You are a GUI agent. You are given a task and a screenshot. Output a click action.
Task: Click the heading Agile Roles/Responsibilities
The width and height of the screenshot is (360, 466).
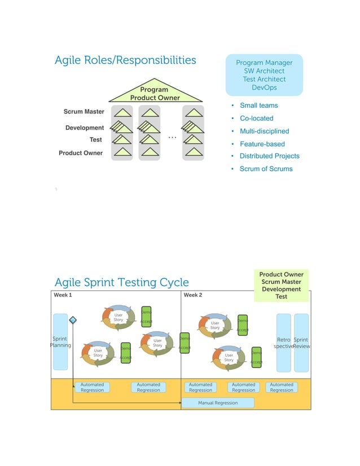(125, 60)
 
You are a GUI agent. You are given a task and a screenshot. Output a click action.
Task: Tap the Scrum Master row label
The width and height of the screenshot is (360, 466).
(84, 112)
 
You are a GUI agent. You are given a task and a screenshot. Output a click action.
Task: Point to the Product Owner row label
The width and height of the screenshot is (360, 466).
(81, 153)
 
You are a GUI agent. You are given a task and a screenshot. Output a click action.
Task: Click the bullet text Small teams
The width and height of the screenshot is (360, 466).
(258, 105)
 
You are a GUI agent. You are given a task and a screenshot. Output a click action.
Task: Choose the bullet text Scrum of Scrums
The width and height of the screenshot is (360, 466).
(266, 169)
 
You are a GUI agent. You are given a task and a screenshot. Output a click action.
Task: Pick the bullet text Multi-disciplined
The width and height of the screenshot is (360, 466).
(264, 131)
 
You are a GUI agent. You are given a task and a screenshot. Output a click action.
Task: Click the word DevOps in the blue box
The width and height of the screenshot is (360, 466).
(264, 87)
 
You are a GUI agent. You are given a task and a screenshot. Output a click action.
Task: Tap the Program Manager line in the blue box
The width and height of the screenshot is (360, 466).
(264, 63)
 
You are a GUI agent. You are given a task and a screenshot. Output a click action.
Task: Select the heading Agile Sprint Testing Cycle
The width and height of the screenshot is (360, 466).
(121, 282)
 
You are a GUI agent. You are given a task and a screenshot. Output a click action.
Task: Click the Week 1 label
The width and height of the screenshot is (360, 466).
(63, 295)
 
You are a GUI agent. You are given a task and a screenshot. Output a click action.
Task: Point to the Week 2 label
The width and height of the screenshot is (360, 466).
(193, 295)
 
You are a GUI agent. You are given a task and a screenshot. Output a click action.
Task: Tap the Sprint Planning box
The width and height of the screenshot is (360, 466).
(60, 342)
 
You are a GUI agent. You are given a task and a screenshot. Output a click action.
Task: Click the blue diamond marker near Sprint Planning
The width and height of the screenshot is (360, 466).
(73, 320)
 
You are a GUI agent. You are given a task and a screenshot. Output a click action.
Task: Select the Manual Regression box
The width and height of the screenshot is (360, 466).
(218, 403)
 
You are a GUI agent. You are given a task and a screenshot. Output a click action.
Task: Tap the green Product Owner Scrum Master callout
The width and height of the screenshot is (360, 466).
(281, 285)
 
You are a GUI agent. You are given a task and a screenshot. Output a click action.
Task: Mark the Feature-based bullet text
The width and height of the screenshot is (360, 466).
(262, 144)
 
